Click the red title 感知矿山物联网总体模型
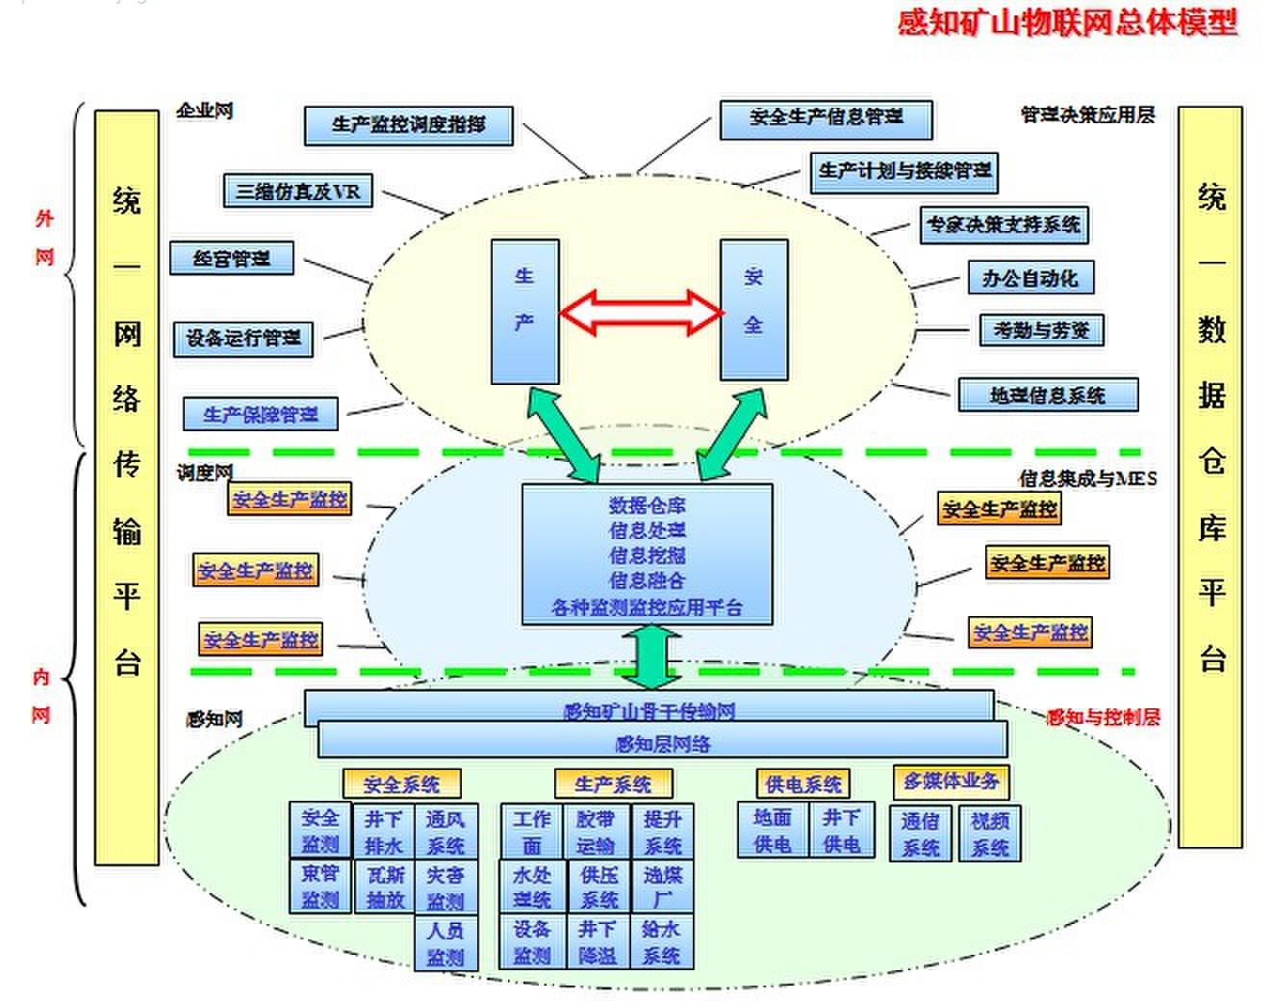click(x=1067, y=22)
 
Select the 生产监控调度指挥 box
click(x=408, y=125)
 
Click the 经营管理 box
click(x=231, y=259)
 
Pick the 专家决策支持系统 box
click(x=1004, y=225)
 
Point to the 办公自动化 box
click(x=1030, y=279)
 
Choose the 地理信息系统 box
click(x=1047, y=395)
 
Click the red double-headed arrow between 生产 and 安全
click(x=640, y=312)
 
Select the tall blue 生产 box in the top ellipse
click(x=524, y=312)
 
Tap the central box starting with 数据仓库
click(x=647, y=554)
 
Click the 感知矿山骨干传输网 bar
click(x=649, y=708)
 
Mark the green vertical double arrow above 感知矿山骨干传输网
click(x=651, y=656)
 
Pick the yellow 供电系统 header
click(x=802, y=784)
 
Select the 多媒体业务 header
click(x=951, y=781)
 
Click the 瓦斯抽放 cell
click(x=385, y=886)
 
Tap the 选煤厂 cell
click(x=662, y=886)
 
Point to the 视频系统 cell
click(x=989, y=834)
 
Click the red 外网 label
click(x=44, y=238)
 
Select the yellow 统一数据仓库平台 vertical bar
click(x=1210, y=476)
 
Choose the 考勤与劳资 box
click(x=1041, y=330)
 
